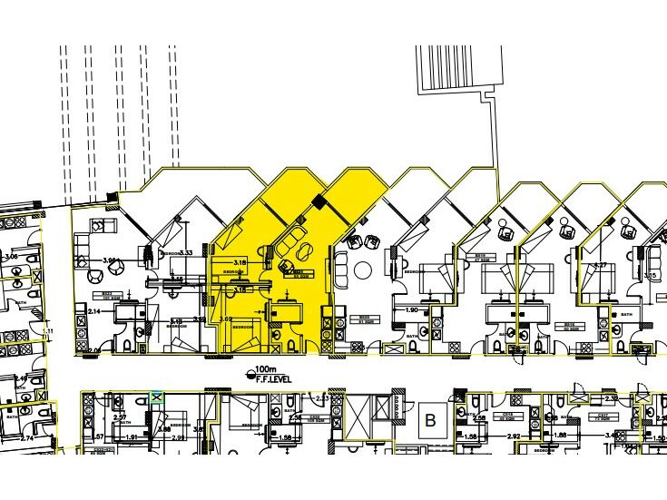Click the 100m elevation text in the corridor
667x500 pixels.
(265, 371)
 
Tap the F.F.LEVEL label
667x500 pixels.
(270, 381)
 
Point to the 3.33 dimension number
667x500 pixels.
(186, 252)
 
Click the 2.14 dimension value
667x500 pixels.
(94, 311)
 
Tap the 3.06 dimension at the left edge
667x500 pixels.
(11, 257)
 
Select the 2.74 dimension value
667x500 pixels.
(27, 438)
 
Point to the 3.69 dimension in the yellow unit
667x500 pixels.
(227, 319)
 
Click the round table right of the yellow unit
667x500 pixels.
(365, 270)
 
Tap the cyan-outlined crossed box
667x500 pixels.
(157, 397)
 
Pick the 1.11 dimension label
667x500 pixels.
(50, 330)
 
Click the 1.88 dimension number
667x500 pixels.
(560, 436)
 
